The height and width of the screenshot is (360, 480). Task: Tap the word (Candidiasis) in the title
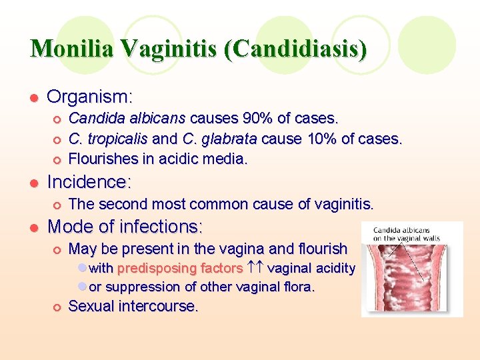[x=295, y=49]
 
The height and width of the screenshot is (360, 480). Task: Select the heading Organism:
[x=90, y=97]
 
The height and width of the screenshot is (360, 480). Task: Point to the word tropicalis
[x=117, y=139]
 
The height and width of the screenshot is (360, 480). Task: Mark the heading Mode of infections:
[x=125, y=226]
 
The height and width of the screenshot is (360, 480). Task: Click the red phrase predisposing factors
[x=180, y=269]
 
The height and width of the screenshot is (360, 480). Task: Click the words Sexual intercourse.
[x=133, y=307]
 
